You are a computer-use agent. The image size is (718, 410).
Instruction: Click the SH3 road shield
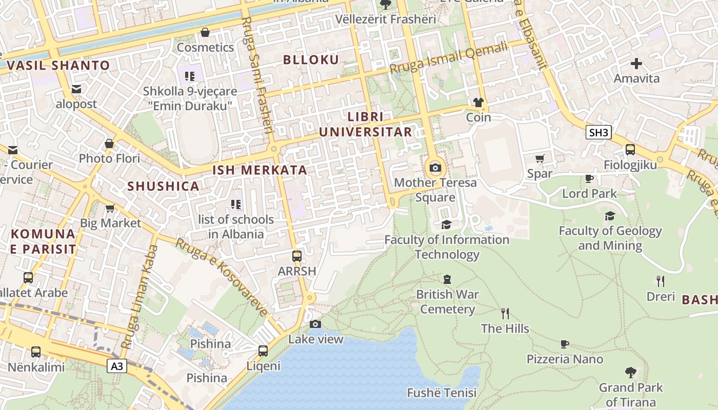pos(599,133)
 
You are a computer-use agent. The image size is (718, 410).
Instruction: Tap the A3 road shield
pos(117,366)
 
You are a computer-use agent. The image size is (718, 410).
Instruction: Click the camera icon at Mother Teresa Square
pos(435,168)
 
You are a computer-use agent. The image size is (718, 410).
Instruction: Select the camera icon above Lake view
pos(315,324)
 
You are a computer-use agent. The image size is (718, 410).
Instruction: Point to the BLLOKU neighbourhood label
pos(311,60)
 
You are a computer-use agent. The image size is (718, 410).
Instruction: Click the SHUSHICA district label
pos(164,186)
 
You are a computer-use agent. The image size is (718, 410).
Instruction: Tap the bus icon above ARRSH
pos(296,256)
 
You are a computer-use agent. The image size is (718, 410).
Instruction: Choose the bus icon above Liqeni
pos(263,351)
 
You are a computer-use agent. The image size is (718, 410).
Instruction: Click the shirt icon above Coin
pos(478,102)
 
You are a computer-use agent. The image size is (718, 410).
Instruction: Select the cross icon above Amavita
pos(636,64)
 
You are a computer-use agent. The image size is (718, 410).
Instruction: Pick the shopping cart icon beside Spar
pos(540,159)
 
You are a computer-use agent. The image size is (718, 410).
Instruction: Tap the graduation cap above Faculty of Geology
pos(610,216)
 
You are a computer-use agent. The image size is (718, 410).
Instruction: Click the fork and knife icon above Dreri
pos(661,281)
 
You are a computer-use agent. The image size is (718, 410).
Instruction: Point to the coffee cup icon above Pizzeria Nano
pos(565,344)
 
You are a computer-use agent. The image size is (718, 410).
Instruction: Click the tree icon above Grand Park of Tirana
pos(630,373)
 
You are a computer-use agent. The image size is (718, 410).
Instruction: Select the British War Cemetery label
pos(447,302)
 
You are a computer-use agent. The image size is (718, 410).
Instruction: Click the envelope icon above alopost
pos(76,89)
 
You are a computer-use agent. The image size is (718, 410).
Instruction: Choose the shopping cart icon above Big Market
pos(110,208)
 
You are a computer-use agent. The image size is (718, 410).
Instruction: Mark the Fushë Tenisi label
pos(442,393)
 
